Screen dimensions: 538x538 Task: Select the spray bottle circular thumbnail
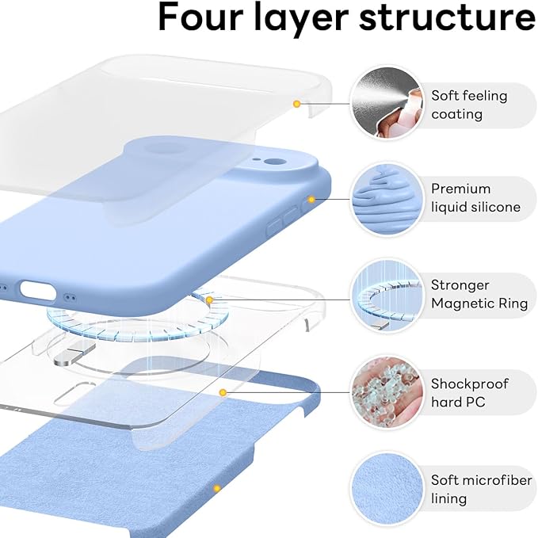coord(386,104)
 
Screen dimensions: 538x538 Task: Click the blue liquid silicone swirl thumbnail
coord(386,198)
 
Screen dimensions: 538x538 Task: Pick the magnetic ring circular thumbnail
coord(386,295)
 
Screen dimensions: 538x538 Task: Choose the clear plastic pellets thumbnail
coord(386,392)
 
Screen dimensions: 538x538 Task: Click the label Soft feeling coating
coord(469,105)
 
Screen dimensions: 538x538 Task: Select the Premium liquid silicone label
coord(475,198)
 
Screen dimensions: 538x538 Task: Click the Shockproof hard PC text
coord(469,392)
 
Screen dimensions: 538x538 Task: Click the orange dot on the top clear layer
coord(296,104)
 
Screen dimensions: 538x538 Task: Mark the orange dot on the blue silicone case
coord(311,199)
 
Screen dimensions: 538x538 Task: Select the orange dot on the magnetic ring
coord(209,300)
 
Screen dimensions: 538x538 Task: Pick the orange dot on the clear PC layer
coord(223,392)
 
